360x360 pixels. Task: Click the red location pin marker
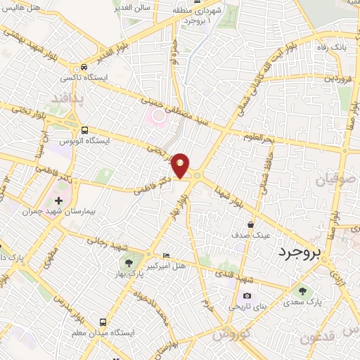(181, 165)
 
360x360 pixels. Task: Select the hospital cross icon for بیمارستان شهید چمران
(58, 200)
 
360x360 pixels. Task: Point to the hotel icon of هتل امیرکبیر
(165, 255)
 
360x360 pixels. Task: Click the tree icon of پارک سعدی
(303, 291)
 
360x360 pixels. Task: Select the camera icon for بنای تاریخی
(246, 296)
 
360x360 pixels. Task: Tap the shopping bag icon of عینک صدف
(250, 224)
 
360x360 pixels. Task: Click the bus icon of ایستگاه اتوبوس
(84, 130)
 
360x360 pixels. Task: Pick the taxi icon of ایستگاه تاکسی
(84, 67)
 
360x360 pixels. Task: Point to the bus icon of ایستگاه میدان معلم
(103, 320)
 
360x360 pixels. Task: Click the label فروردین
(338, 77)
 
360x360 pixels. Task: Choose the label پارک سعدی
(303, 302)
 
